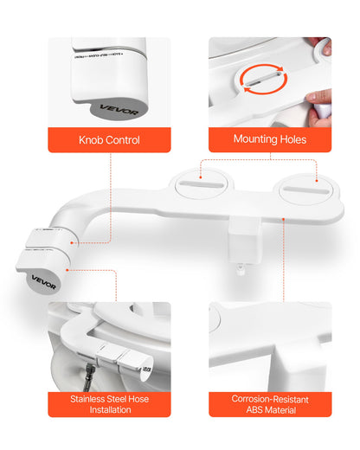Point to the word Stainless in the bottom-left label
(x=90, y=399)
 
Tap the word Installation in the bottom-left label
(x=101, y=410)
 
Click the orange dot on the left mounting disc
(x=200, y=183)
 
